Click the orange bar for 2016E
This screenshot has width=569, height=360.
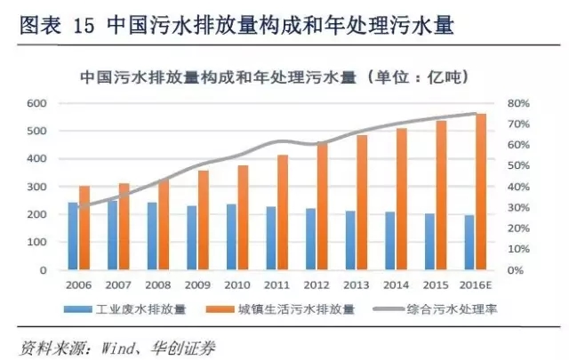point(481,192)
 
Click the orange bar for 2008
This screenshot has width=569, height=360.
point(164,225)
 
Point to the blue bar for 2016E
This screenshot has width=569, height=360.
point(469,243)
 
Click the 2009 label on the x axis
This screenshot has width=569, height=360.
point(197,286)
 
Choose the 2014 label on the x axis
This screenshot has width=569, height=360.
point(397,286)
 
